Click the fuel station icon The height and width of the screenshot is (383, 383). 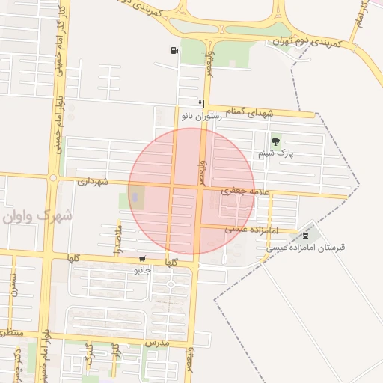174,51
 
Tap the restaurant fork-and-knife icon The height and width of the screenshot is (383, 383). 200,104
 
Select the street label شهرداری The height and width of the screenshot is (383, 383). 94,181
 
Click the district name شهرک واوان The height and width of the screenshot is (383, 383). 37,216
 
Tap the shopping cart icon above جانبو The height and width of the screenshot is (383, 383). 142,259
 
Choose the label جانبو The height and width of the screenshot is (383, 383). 142,269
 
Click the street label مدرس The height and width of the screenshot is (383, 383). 159,342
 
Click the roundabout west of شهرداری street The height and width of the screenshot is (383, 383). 53,178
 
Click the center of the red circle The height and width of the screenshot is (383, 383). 191,191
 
